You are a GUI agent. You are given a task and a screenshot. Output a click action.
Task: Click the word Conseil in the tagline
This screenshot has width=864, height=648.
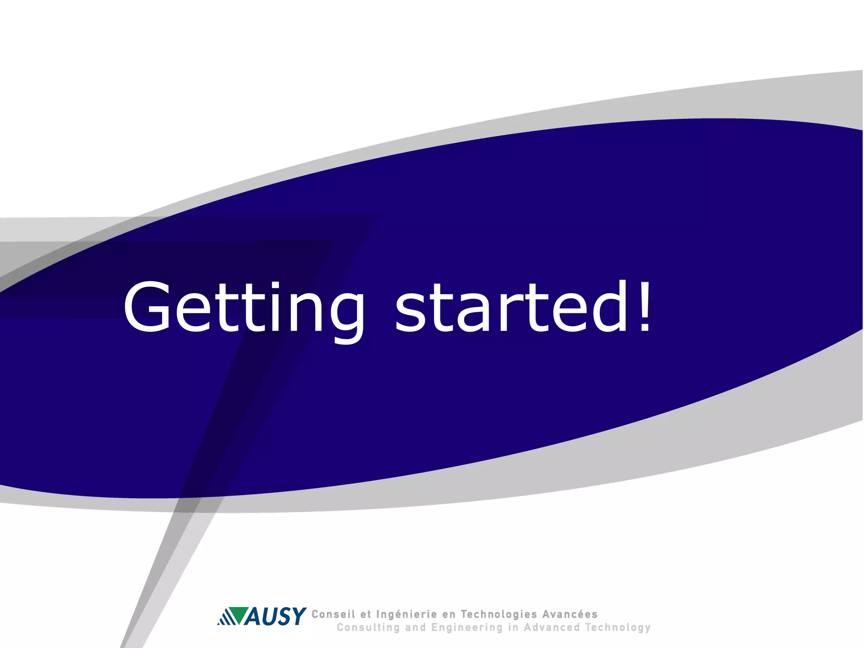(x=333, y=614)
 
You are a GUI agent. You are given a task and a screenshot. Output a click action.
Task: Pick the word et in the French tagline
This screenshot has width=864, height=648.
(x=366, y=615)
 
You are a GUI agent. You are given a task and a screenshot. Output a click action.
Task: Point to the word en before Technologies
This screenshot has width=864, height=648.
(x=449, y=615)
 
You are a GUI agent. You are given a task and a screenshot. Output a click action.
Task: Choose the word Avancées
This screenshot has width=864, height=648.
(x=570, y=614)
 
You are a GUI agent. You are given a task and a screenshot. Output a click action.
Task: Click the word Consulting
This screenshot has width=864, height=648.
(x=368, y=628)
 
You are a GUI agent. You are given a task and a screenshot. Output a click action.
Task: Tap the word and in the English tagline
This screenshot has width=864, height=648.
(x=415, y=627)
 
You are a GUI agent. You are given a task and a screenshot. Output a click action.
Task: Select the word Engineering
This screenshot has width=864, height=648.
(x=467, y=628)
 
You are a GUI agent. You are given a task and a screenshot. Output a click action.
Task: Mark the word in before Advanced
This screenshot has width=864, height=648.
(x=513, y=627)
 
